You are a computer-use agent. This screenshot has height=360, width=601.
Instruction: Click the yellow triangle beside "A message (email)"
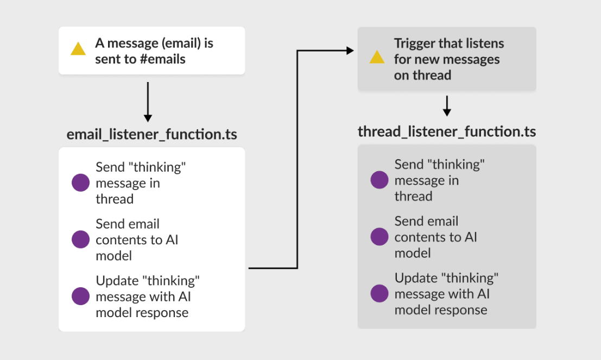click(x=78, y=49)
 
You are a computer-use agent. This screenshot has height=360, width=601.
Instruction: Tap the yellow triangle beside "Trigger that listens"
click(x=377, y=57)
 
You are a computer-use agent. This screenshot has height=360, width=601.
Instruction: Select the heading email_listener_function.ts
click(x=152, y=135)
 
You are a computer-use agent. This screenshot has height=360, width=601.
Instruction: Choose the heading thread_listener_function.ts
click(x=447, y=132)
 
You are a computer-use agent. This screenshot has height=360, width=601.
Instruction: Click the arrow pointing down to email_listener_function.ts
click(x=148, y=102)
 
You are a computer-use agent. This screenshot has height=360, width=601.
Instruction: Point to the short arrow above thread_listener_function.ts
click(x=447, y=106)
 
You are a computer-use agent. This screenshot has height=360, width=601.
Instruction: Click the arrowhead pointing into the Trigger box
click(x=350, y=50)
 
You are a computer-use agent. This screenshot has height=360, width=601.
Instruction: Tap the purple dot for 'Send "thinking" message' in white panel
click(x=80, y=182)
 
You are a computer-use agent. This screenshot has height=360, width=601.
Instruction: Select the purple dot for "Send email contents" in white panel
click(x=80, y=239)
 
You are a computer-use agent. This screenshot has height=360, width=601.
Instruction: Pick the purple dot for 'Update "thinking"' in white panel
click(x=80, y=296)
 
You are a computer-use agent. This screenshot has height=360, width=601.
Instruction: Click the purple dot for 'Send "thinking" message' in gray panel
click(x=379, y=180)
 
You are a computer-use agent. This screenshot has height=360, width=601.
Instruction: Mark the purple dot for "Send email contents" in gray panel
click(x=379, y=237)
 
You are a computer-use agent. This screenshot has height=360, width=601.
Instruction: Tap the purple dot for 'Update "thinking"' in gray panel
click(x=379, y=293)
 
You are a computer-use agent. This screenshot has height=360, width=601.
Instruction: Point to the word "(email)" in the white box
click(x=181, y=43)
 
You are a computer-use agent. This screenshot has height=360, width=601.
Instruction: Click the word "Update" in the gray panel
click(x=416, y=279)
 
